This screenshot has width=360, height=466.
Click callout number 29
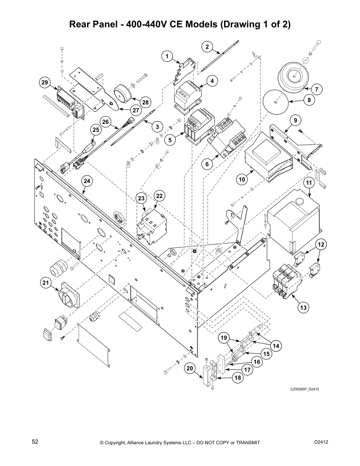(x=44, y=83)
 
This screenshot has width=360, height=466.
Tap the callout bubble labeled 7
(x=317, y=89)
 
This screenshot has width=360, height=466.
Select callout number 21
(x=45, y=283)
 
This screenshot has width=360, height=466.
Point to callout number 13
(x=304, y=308)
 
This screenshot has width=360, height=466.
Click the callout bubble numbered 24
(x=87, y=181)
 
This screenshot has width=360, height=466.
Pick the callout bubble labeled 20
(x=190, y=368)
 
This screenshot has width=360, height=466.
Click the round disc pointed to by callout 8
(x=275, y=102)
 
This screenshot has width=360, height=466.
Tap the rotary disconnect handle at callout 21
(x=69, y=295)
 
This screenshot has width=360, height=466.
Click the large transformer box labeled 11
(x=294, y=221)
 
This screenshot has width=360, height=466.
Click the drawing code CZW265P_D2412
(x=305, y=389)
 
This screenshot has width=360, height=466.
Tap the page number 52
(x=35, y=442)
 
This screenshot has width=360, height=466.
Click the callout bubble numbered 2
(x=207, y=47)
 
